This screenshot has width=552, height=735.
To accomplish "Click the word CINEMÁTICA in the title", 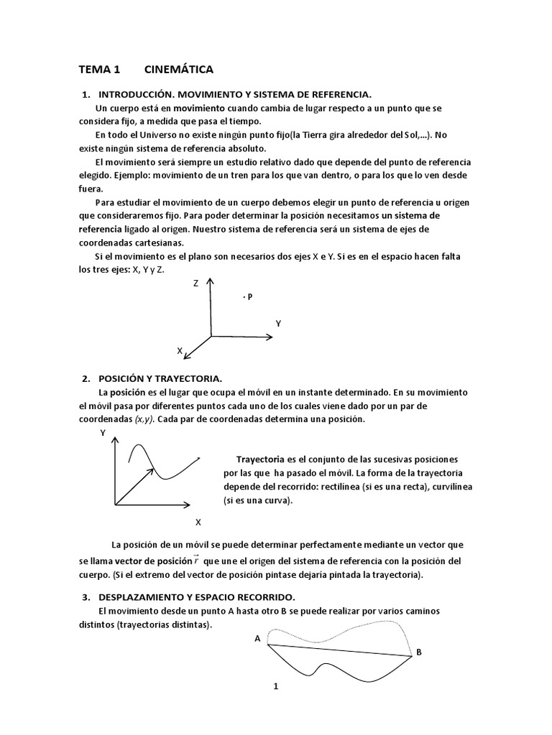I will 178,70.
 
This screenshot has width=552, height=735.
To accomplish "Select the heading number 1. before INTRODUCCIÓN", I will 86,95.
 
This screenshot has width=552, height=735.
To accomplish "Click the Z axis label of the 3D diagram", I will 195,284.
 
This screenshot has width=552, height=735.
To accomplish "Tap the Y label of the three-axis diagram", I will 278,324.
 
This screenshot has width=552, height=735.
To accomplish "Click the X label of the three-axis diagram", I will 180,350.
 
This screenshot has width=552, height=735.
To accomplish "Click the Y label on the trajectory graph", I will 103,433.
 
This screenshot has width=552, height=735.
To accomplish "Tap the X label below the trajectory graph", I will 198,521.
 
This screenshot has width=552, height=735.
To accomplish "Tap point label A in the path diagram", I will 257,638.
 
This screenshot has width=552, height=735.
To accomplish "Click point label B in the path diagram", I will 419,652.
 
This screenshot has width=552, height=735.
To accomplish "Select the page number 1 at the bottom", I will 275,686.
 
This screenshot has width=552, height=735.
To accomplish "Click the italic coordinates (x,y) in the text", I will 145,418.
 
